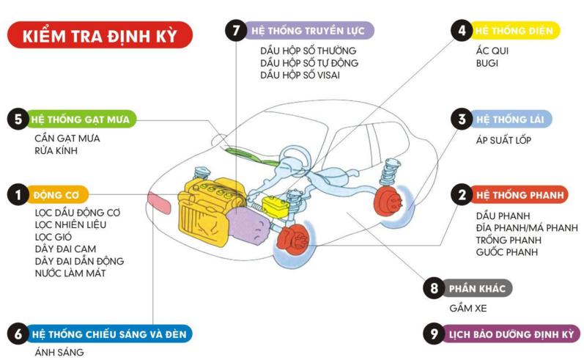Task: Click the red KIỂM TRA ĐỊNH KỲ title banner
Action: (x=100, y=35)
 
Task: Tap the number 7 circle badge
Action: (x=235, y=31)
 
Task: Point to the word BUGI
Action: (x=487, y=64)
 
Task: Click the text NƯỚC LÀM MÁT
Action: (x=70, y=273)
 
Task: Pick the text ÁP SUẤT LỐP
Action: (x=503, y=139)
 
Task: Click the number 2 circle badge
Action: (x=461, y=194)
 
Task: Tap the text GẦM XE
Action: (x=468, y=308)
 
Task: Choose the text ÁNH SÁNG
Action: (x=59, y=352)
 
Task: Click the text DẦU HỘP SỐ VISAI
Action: (x=300, y=76)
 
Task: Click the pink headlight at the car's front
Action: (x=159, y=199)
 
